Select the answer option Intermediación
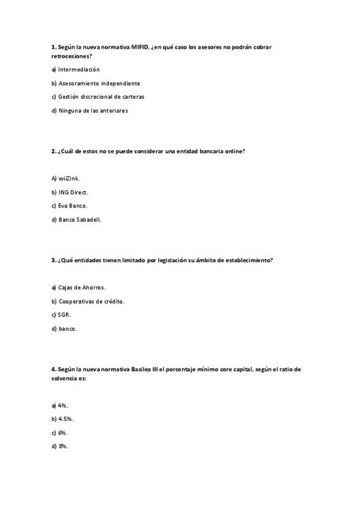79,69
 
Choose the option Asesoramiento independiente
99,83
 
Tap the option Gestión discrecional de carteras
101,96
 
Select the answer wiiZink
69,179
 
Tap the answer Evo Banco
73,206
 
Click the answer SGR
64,315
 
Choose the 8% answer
63,446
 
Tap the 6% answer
63,432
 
